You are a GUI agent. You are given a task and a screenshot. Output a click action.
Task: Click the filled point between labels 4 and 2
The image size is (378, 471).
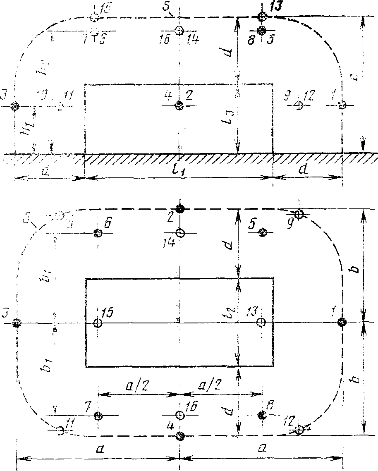(x=179, y=106)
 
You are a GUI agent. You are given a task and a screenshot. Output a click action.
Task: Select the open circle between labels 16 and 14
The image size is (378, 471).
(x=179, y=31)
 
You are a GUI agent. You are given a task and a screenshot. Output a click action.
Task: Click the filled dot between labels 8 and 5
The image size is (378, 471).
(x=261, y=30)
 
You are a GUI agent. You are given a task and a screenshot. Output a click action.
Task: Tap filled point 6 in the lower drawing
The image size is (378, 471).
(x=98, y=233)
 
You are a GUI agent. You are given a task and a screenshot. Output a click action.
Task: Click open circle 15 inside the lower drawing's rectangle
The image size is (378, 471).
(x=98, y=323)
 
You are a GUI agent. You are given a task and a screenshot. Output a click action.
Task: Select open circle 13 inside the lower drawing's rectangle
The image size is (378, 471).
(x=261, y=322)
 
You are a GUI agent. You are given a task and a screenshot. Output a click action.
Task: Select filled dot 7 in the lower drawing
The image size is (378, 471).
(x=98, y=415)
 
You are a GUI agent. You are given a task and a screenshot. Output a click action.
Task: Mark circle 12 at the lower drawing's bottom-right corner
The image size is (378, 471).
(x=300, y=430)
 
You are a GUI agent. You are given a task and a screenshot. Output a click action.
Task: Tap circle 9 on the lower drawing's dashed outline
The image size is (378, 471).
(x=299, y=214)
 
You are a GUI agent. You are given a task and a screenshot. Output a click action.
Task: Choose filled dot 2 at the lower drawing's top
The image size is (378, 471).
(x=179, y=208)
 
